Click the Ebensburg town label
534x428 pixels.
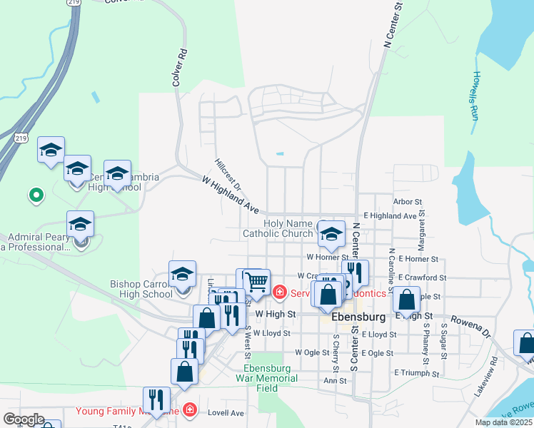click(x=359, y=316)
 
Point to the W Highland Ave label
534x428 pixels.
click(x=230, y=196)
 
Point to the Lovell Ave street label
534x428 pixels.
click(x=226, y=412)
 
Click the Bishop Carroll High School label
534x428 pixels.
click(x=141, y=289)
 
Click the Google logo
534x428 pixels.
click(x=23, y=420)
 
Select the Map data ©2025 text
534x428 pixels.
click(x=502, y=422)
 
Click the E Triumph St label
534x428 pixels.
click(x=415, y=372)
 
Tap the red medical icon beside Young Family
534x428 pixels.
click(x=189, y=409)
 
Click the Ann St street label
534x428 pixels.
click(x=335, y=380)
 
